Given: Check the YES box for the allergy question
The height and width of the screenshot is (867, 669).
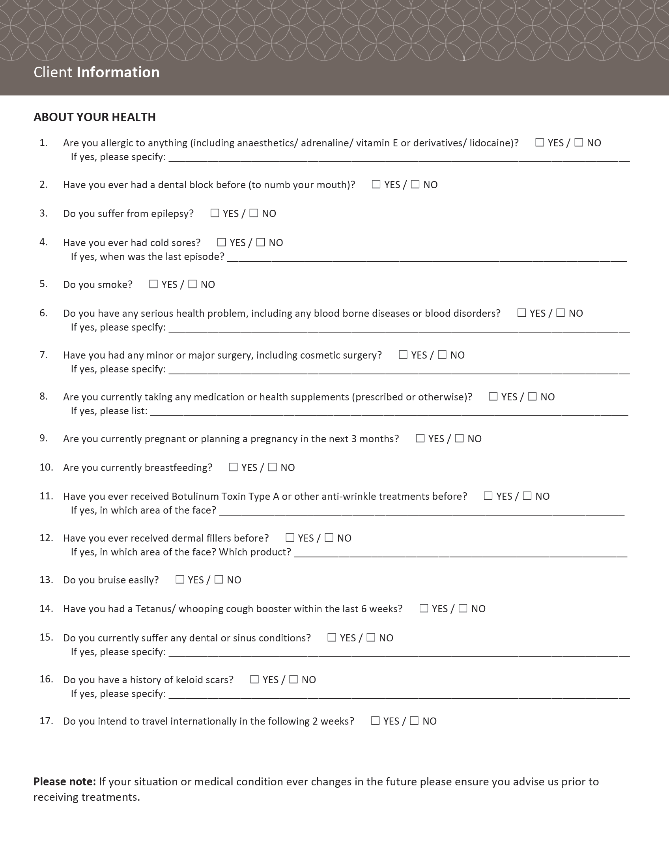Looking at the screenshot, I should click(x=539, y=142).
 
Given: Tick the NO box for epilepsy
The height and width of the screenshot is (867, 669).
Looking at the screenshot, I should click(x=254, y=213).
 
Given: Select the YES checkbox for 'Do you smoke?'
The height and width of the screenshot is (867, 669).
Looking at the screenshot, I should click(x=153, y=284).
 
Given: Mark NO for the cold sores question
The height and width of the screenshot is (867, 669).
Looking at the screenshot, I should click(x=260, y=242).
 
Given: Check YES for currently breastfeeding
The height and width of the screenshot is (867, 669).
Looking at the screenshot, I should click(x=233, y=467).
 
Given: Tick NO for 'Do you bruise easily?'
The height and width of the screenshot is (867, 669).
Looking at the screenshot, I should click(x=219, y=579).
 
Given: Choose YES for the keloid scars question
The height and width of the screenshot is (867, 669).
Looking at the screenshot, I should click(x=254, y=679).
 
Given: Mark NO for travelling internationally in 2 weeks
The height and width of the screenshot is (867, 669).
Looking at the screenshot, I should click(x=414, y=721).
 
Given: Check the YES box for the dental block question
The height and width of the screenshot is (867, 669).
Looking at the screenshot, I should click(x=376, y=184).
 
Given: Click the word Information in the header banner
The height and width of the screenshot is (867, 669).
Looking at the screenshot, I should click(x=118, y=72).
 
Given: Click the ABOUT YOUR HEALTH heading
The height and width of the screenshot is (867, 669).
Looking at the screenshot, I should click(x=95, y=117).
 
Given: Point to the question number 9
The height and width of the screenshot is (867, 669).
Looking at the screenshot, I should click(x=43, y=438).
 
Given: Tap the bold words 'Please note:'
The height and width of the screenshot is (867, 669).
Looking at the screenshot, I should click(x=65, y=781).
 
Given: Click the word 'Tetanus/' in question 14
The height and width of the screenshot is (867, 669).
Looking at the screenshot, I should click(x=155, y=609).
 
